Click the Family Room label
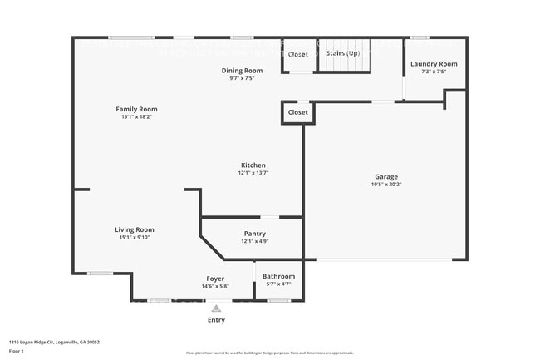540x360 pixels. click(136, 109)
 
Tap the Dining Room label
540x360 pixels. click(242, 71)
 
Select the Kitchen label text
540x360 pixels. click(253, 165)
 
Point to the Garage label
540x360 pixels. click(386, 177)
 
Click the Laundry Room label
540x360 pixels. click(434, 64)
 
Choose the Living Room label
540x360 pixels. click(134, 229)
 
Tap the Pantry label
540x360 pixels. click(254, 234)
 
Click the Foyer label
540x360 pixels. click(215, 279)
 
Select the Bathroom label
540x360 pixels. click(278, 276)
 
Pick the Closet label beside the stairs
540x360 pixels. click(297, 54)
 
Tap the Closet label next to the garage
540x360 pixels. click(297, 112)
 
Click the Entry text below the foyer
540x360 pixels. click(216, 320)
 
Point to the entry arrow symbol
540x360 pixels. click(216, 308)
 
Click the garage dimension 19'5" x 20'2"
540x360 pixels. click(386, 185)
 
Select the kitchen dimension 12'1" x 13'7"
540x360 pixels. click(253, 173)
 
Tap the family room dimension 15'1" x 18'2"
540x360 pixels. click(136, 116)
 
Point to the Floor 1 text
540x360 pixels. click(17, 350)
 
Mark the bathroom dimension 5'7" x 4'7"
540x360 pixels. click(278, 284)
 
